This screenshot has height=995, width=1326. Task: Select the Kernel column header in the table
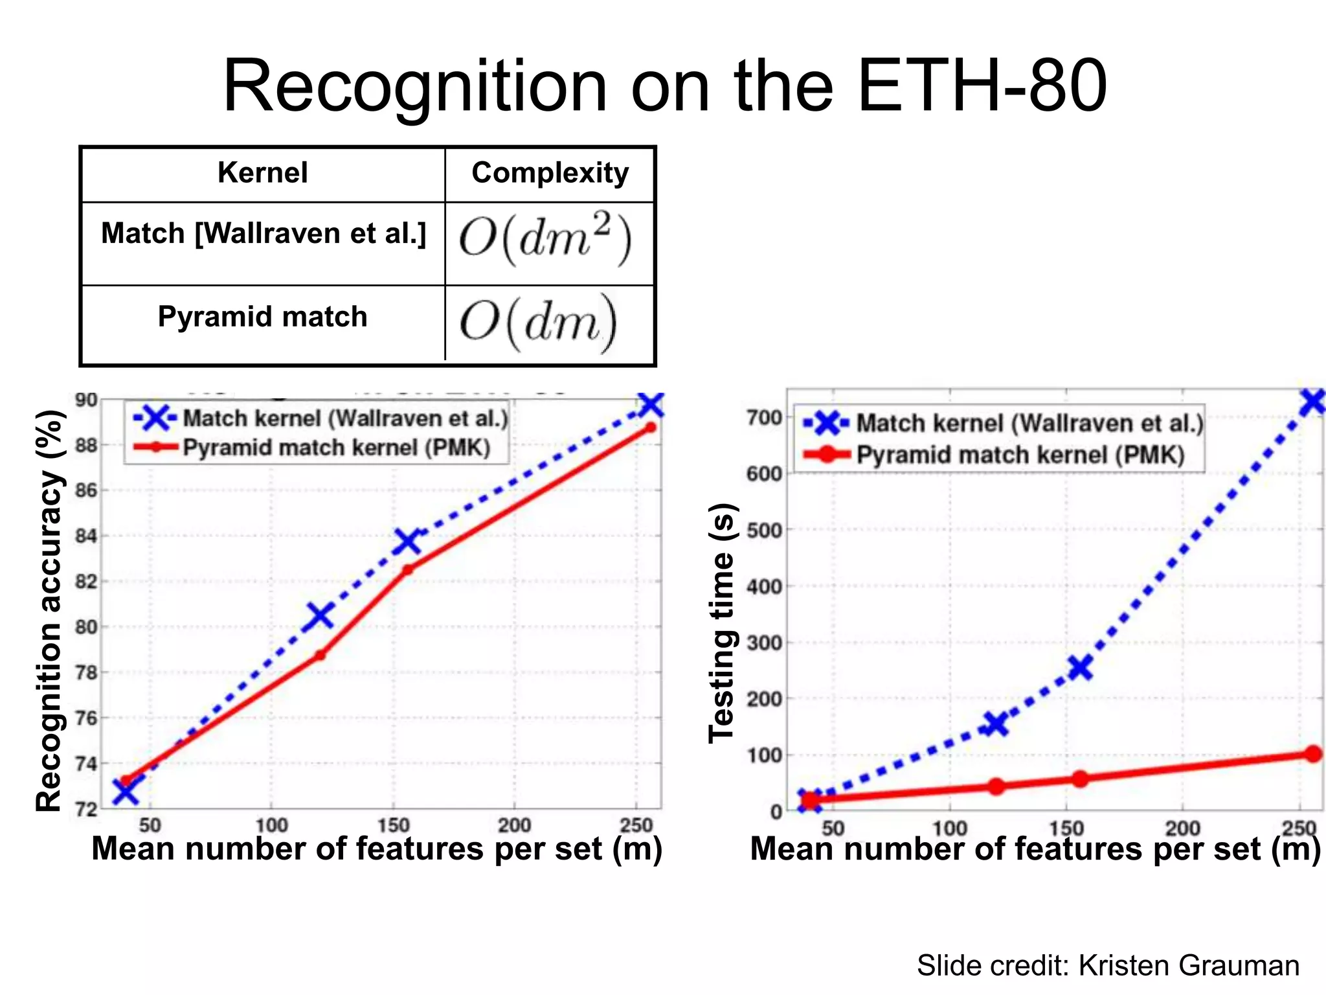(262, 173)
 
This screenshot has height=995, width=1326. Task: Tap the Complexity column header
(550, 173)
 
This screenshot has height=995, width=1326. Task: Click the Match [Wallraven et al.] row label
(264, 233)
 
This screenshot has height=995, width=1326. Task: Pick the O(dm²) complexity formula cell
(545, 240)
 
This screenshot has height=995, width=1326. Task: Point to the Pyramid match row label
(262, 317)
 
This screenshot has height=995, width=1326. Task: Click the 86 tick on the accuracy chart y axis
(86, 490)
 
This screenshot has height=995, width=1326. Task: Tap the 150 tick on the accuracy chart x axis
(393, 825)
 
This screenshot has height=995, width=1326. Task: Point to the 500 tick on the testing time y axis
(764, 531)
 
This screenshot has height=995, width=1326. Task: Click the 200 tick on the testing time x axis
(1182, 828)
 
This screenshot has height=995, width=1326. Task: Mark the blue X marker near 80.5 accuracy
(320, 615)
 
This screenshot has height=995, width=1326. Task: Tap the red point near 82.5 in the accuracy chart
(408, 570)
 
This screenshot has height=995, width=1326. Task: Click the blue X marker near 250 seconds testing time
(1079, 667)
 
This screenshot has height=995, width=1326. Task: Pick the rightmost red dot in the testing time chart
(1312, 753)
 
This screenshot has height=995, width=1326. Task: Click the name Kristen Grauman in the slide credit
(1188, 965)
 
